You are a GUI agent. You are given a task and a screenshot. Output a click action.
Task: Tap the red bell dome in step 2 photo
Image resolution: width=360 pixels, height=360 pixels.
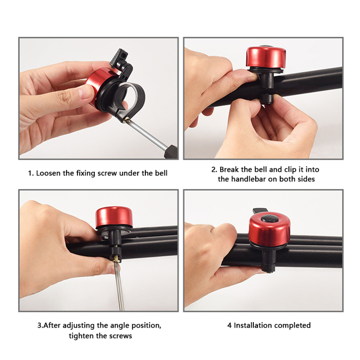(266, 58)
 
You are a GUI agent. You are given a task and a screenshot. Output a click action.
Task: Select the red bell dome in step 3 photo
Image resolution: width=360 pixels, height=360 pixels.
(114, 217)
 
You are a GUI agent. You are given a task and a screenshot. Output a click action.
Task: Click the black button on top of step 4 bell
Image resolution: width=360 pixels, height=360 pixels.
(270, 219)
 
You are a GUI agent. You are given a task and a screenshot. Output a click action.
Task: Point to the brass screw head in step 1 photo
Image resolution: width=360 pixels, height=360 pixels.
(126, 120)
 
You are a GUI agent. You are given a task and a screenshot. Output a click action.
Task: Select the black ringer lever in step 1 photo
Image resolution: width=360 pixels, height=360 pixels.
(119, 58)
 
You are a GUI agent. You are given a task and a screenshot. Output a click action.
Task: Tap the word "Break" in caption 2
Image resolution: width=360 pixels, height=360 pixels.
(229, 170)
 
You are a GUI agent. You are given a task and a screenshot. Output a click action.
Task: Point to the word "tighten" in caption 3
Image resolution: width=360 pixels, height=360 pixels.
(81, 336)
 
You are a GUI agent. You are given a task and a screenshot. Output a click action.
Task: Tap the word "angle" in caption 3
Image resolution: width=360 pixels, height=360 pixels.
(120, 326)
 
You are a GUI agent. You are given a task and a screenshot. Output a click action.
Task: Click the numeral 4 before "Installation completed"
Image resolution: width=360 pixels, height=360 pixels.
(229, 325)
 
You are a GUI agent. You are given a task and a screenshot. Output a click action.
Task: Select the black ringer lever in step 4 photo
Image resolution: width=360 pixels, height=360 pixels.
(260, 211)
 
